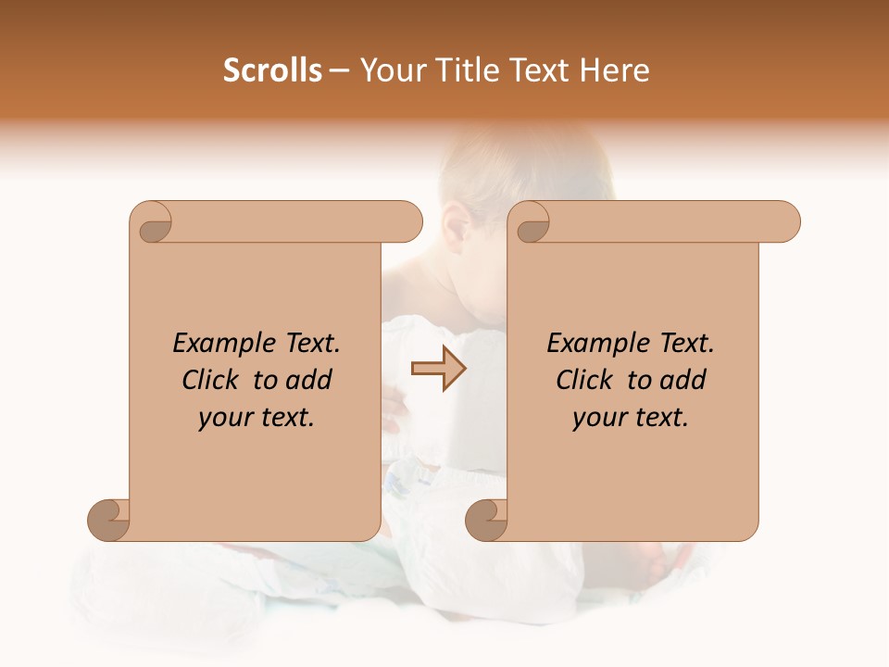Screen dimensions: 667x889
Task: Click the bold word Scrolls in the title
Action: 273,70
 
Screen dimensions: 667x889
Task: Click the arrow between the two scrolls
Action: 439,369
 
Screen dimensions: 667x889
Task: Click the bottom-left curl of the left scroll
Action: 109,520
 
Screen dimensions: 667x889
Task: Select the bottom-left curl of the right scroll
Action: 487,520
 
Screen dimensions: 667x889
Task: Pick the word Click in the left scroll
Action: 208,380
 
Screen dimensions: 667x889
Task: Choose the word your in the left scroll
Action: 222,418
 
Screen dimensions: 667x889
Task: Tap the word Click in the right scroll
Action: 582,380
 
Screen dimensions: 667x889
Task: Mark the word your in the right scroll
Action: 596,418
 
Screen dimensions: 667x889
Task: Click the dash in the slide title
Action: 339,71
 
